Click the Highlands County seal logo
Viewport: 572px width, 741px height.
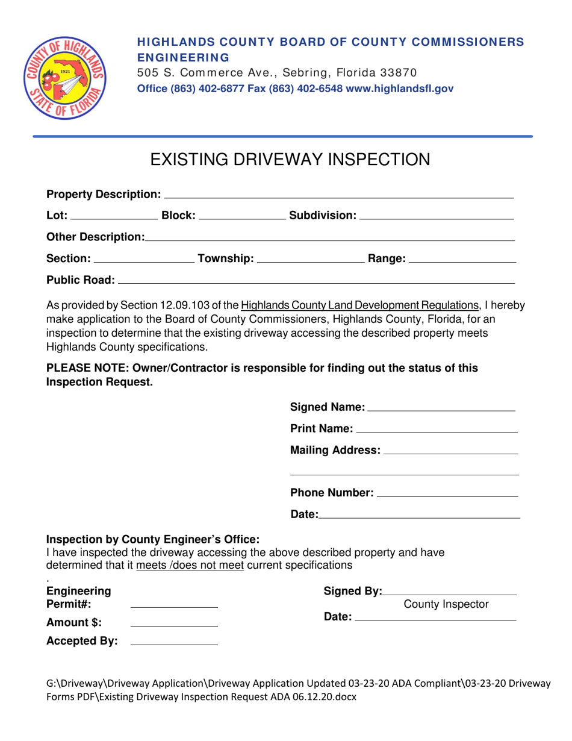tap(64, 78)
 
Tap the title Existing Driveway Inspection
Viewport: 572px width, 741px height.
tap(290, 160)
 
